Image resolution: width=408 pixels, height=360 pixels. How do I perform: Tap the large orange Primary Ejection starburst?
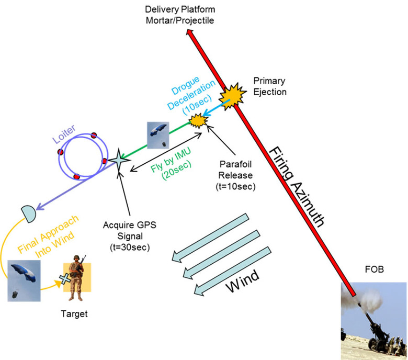click(231, 95)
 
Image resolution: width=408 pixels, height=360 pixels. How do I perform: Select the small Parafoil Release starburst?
click(198, 121)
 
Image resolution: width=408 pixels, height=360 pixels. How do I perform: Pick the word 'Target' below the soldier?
click(73, 314)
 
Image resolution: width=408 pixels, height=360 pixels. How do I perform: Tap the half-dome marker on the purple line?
click(29, 212)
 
